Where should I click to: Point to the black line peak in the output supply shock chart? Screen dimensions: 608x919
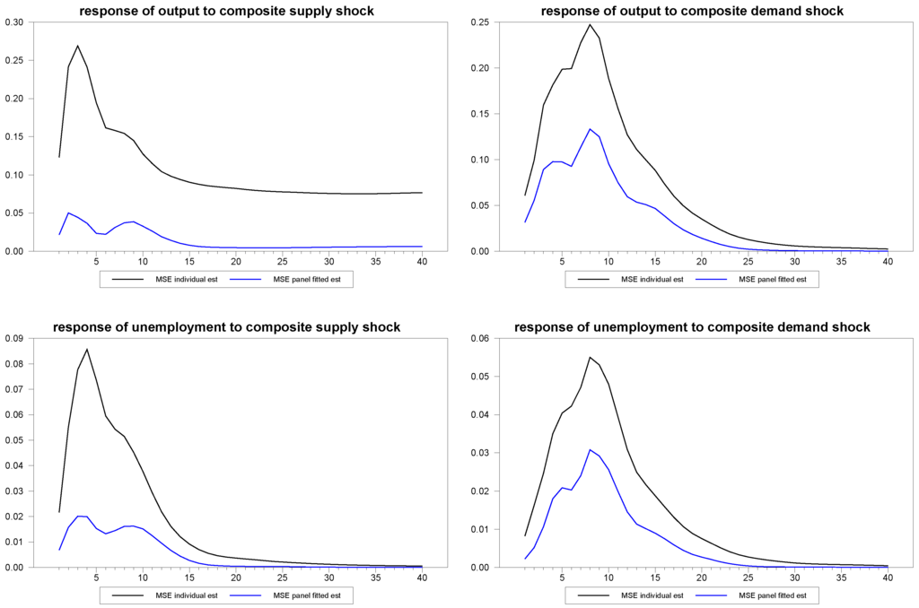(x=78, y=46)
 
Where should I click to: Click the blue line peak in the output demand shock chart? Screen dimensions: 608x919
(x=590, y=129)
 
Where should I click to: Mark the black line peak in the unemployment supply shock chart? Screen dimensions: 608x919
(x=87, y=349)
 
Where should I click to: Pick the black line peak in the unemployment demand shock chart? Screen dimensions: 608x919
(x=590, y=357)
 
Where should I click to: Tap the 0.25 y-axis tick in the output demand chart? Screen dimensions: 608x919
(x=480, y=22)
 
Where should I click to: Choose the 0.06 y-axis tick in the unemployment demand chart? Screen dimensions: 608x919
(x=480, y=338)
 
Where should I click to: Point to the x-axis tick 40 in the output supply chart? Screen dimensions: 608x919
(x=422, y=261)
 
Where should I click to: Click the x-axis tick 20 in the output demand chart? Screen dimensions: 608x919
(x=701, y=261)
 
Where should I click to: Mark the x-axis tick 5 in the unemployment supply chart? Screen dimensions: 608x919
(x=96, y=577)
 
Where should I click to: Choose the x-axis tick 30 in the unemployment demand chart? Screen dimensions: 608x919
(x=794, y=577)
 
